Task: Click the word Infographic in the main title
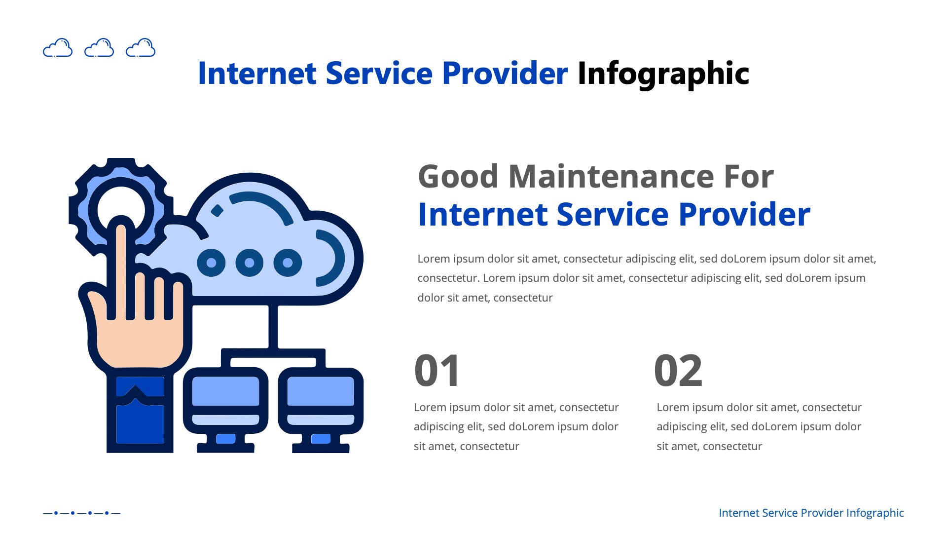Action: click(x=663, y=74)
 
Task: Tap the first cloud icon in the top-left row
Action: click(x=58, y=48)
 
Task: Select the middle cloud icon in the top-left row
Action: click(x=99, y=48)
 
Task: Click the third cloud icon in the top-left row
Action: click(x=141, y=48)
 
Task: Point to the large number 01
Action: click(x=437, y=371)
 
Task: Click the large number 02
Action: click(x=678, y=371)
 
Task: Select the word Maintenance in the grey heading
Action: click(x=611, y=177)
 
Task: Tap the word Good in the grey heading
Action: click(x=458, y=177)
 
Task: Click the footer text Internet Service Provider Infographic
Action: click(x=811, y=513)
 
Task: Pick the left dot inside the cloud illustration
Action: click(x=211, y=263)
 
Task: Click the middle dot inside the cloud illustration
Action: click(x=250, y=263)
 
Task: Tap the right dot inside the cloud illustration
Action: click(x=288, y=263)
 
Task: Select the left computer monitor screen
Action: click(x=225, y=391)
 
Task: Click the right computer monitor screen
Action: click(x=321, y=391)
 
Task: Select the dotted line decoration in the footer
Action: click(x=81, y=513)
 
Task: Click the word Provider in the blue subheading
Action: click(x=744, y=215)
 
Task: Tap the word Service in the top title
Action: click(x=379, y=74)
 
